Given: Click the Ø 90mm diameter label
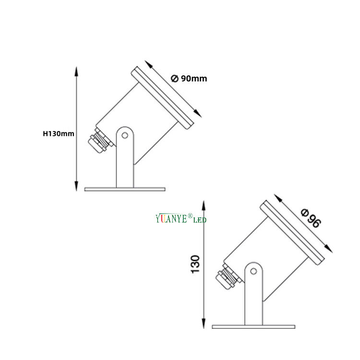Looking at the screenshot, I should [x=189, y=78].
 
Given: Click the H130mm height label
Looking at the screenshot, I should [x=59, y=133].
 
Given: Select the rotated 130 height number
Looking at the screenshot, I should [x=195, y=264].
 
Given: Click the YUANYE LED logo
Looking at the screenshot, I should [x=181, y=219].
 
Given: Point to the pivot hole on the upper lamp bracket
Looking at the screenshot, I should [x=125, y=135].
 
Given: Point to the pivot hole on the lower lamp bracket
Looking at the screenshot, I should [x=252, y=273].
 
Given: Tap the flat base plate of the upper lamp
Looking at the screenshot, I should [x=125, y=189].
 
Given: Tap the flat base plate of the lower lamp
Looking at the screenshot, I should [x=253, y=327].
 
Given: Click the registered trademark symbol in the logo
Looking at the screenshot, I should [x=191, y=216].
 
